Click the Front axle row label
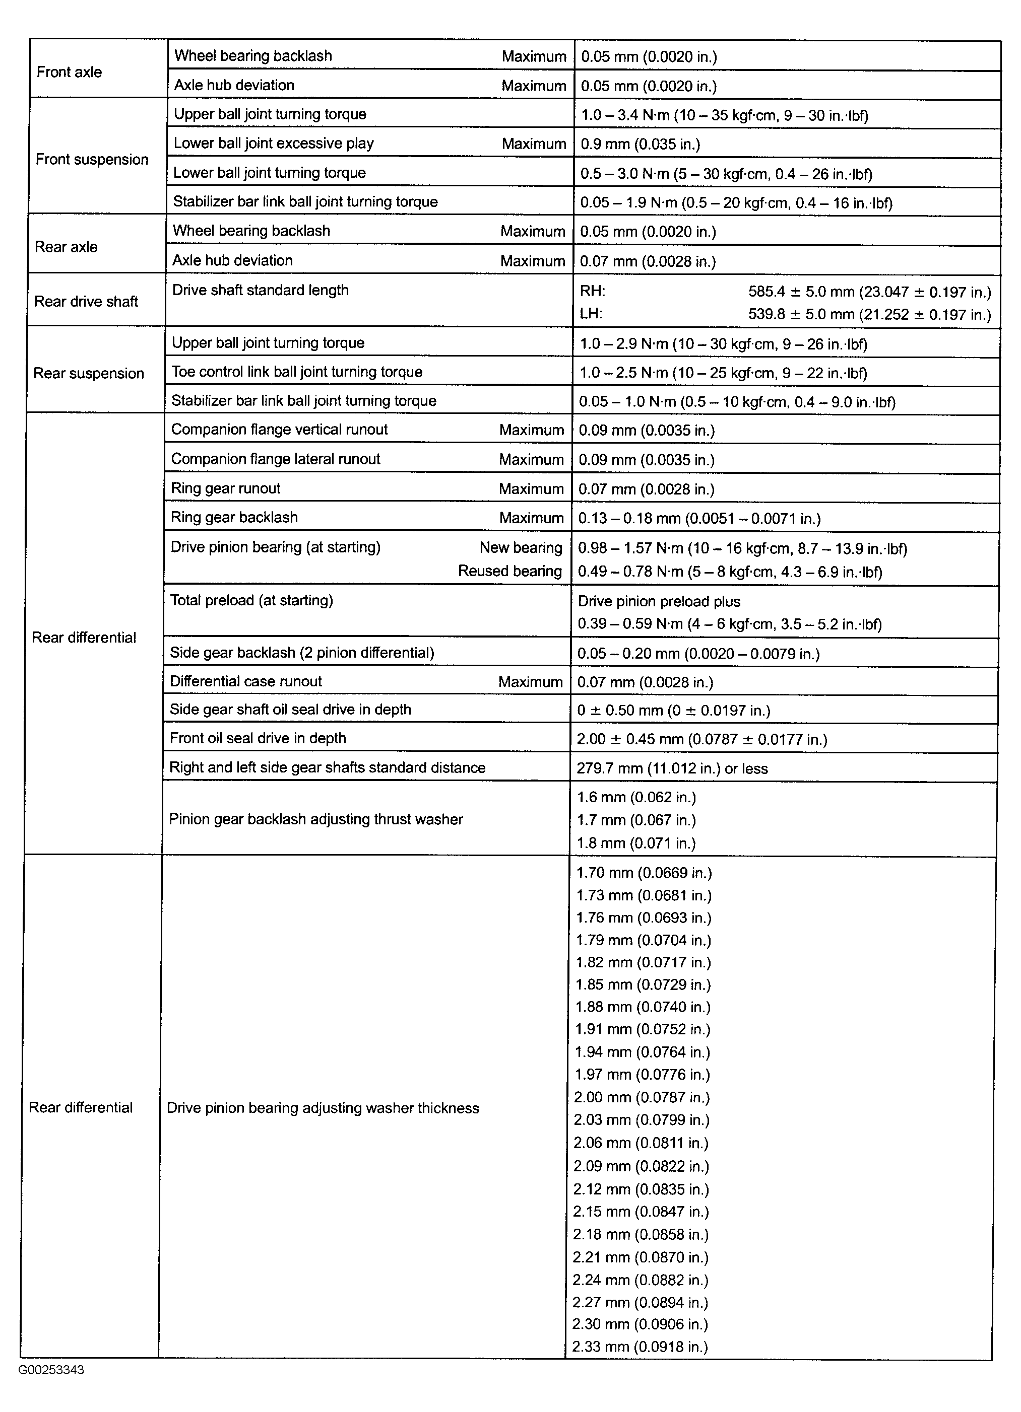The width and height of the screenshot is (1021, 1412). pos(69,72)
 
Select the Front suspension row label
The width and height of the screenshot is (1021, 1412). pos(92,160)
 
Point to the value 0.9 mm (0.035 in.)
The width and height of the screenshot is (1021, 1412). pos(641,145)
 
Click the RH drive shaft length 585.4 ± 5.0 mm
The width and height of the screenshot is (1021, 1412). pos(869,292)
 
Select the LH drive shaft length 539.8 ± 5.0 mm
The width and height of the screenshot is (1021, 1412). pos(869,314)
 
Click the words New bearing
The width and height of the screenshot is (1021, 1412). pos(521,548)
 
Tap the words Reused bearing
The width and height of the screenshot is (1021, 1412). pos(509,571)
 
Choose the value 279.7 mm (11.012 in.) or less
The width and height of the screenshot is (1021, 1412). pos(672,768)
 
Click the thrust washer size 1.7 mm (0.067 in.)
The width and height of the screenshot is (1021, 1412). pos(636,820)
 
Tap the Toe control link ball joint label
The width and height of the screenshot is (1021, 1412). pos(296,372)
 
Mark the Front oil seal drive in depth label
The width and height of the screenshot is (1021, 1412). pos(258,738)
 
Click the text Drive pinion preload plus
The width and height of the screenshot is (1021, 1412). pos(659,601)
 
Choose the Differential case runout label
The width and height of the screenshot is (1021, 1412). pos(246,681)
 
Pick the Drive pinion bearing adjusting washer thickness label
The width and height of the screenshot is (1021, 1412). pos(323,1108)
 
